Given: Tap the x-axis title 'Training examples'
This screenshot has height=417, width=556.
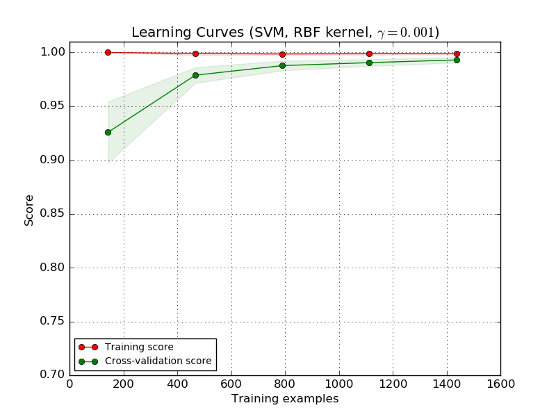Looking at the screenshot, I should pyautogui.click(x=285, y=399).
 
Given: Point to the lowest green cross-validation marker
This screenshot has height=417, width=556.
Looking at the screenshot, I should pyautogui.click(x=108, y=132).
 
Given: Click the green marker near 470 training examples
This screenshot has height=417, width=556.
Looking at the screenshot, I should pyautogui.click(x=195, y=75).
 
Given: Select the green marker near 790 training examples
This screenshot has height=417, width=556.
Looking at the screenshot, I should pyautogui.click(x=282, y=65).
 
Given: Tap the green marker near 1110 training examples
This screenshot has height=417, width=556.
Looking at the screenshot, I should pyautogui.click(x=369, y=63).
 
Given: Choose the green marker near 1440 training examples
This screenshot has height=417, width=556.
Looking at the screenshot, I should pyautogui.click(x=457, y=60).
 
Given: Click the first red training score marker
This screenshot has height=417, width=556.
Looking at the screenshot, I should pyautogui.click(x=108, y=52).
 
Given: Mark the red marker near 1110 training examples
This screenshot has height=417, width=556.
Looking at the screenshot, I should pyautogui.click(x=369, y=54).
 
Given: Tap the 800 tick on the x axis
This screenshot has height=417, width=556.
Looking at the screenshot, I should pyautogui.click(x=285, y=383).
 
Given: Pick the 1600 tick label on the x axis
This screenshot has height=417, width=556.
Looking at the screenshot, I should pyautogui.click(x=500, y=383).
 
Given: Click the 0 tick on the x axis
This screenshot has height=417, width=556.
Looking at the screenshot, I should pyautogui.click(x=69, y=383).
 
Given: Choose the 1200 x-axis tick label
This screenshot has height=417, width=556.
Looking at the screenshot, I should pyautogui.click(x=393, y=383).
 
